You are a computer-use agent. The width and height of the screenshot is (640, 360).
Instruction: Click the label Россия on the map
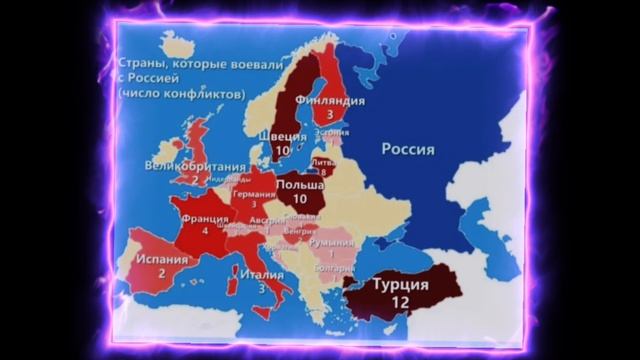coord(408,149)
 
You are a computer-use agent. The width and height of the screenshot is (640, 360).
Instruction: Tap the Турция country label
coord(400,284)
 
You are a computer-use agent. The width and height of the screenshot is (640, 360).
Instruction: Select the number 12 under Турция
coord(401,301)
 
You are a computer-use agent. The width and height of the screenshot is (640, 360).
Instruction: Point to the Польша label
coord(299,185)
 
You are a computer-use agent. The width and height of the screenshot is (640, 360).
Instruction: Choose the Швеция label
coord(283,136)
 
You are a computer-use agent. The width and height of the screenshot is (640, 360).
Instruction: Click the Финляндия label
coord(330,101)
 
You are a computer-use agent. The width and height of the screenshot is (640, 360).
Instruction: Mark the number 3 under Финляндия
coord(329,115)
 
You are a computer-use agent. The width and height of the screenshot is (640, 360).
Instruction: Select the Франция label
coord(205,215)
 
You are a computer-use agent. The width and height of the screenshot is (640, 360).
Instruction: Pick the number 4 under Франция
coord(205,230)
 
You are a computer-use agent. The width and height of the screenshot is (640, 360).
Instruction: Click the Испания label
coord(161,258)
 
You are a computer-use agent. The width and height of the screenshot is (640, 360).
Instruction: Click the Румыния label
coord(330,241)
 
